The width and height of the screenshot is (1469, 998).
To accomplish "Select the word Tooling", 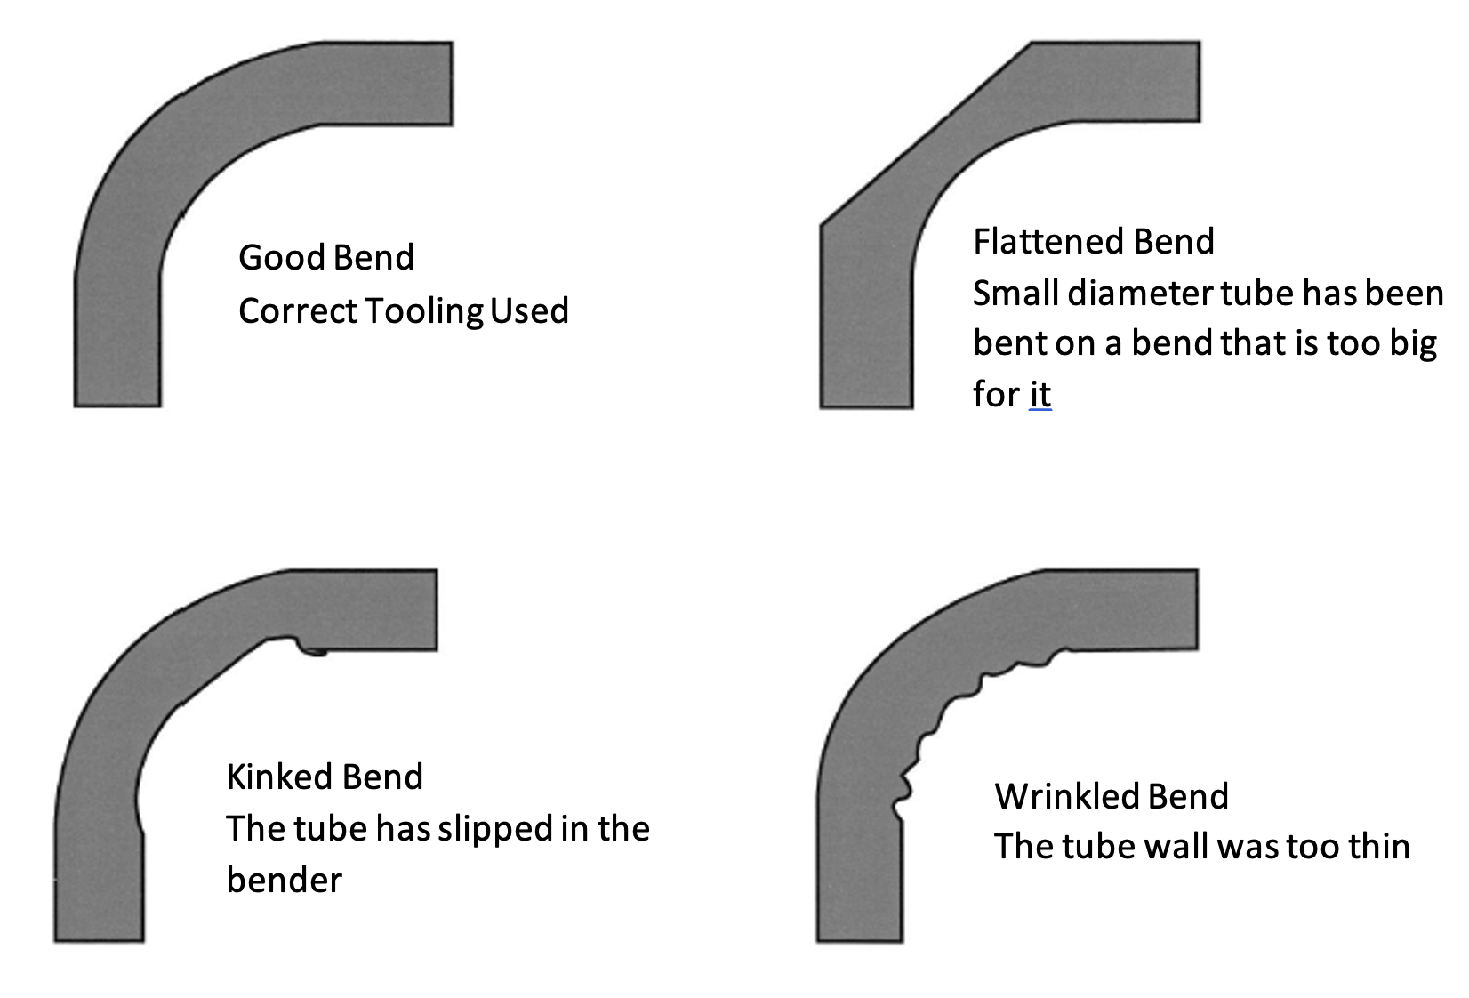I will pos(424,311).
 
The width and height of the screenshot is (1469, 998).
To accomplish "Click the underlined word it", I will pos(1040,393).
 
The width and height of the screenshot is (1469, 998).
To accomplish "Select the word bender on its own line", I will pos(284,881).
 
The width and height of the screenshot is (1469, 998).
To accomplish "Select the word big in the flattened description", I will pos(1413,343).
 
